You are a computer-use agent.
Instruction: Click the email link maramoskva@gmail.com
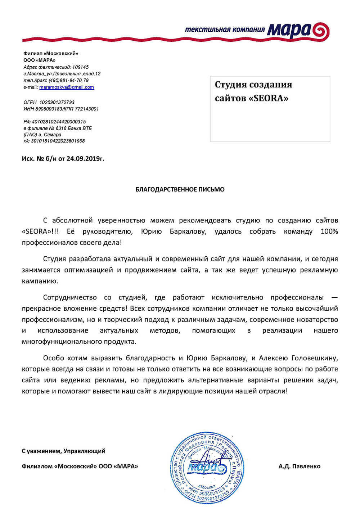click(67, 87)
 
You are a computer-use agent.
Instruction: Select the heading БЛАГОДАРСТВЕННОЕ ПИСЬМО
click(180, 189)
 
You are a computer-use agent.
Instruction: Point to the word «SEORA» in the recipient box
click(269, 98)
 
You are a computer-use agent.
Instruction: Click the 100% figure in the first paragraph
click(329, 231)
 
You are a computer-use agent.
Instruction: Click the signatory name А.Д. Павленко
click(299, 466)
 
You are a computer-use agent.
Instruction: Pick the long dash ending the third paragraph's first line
click(334, 297)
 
